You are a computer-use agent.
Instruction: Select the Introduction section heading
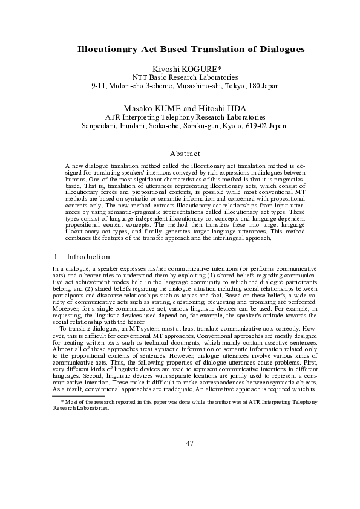(88, 256)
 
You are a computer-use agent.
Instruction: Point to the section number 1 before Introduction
(55, 256)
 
